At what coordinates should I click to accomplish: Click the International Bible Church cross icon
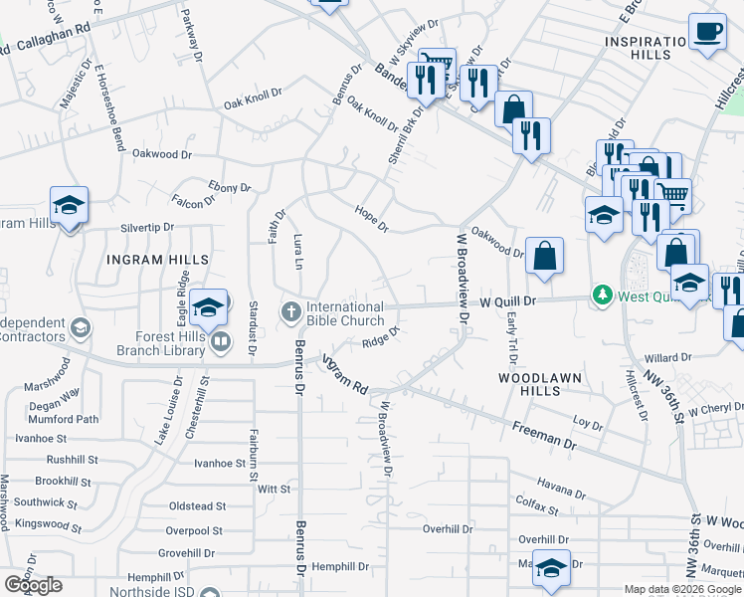[291, 312]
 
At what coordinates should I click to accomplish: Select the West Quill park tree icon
[601, 296]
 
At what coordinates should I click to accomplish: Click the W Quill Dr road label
[508, 299]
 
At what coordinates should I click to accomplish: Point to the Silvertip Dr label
[146, 228]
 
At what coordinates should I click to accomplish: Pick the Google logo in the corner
[33, 586]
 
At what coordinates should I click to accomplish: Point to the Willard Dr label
[667, 357]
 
